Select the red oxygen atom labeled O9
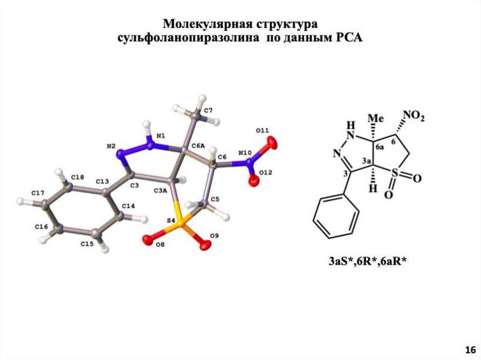coord(205,245)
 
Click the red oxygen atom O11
coord(271,142)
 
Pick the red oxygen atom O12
coord(254,180)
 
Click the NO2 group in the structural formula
coord(413,116)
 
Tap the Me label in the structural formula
coord(374,116)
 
